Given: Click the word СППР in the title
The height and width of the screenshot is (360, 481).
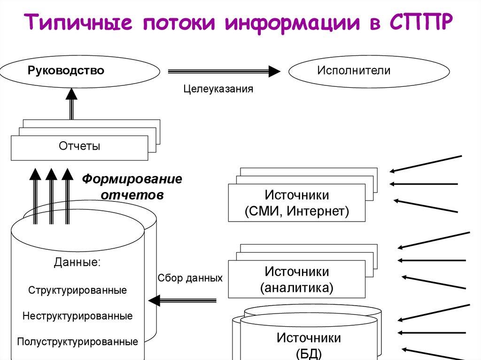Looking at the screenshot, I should point(420,23).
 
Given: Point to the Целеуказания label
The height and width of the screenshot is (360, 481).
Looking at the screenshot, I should point(218,89).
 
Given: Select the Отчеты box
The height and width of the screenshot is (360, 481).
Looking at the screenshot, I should point(79,147).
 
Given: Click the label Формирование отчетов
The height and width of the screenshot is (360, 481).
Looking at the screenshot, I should point(132,187).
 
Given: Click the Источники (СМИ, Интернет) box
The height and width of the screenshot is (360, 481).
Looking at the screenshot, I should point(296,203).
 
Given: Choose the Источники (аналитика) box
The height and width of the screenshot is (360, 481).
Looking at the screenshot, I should point(296,279).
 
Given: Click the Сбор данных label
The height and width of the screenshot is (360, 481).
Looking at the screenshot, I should point(190,278).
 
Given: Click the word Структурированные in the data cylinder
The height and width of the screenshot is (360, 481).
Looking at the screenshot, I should point(78,290).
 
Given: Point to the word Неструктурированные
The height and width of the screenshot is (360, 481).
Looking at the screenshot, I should point(78,316).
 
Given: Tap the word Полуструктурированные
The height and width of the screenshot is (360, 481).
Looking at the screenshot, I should point(78,341).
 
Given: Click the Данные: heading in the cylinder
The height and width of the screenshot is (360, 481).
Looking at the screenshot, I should point(77,263).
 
